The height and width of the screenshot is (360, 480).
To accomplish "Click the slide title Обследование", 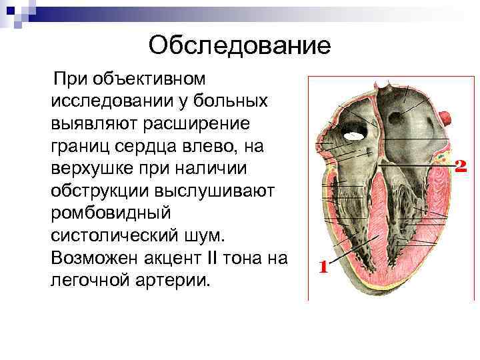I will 239,45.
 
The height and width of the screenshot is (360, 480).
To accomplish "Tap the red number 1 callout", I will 323,268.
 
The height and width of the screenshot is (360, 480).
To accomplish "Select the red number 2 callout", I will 459,165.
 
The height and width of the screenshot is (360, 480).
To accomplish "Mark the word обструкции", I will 98,191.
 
